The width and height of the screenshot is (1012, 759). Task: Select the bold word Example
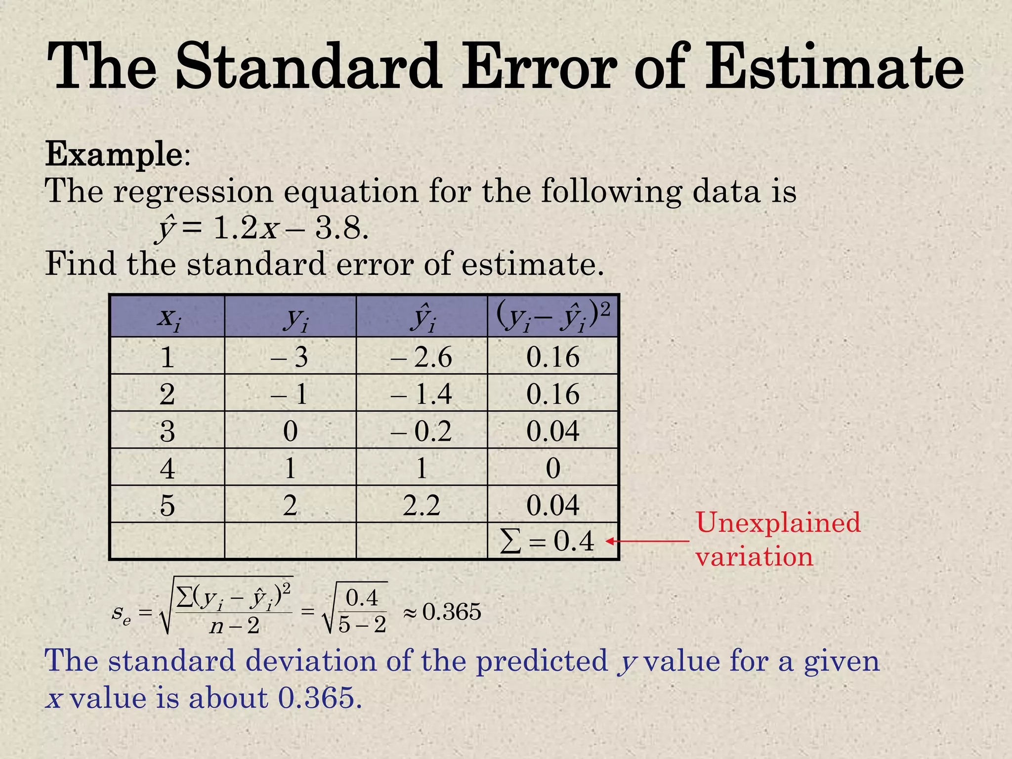[114, 154]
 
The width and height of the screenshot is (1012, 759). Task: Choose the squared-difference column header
[552, 317]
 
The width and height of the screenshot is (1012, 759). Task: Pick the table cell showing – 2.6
[421, 357]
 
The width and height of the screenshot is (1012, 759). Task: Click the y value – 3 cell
[290, 357]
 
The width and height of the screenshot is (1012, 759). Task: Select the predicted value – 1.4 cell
[421, 394]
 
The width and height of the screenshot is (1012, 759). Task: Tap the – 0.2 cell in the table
[421, 431]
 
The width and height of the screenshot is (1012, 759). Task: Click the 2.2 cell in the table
[421, 505]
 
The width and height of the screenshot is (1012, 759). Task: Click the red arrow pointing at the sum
[647, 541]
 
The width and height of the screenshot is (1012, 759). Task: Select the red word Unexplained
[778, 523]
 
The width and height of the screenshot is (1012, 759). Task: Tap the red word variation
[754, 557]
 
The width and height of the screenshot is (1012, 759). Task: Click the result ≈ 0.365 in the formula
[442, 612]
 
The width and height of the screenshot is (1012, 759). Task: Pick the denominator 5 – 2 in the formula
[362, 625]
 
